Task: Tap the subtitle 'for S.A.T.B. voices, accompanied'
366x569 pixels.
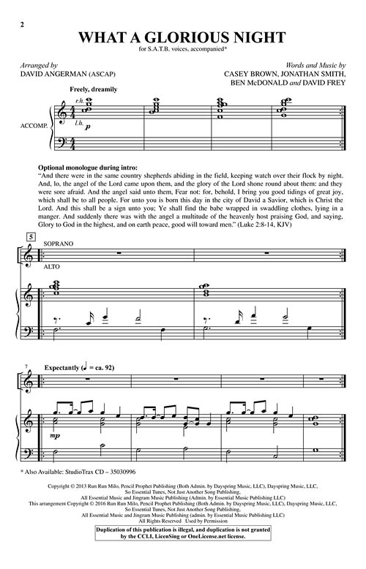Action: click(182, 49)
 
